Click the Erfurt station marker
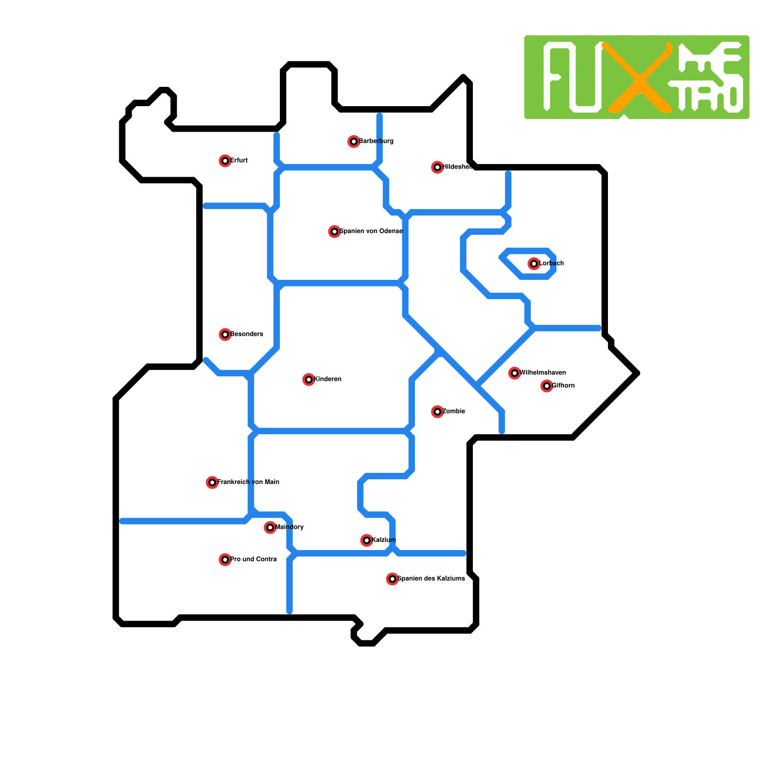pos(225,161)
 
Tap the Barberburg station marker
pos(354,141)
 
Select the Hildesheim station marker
pos(437,167)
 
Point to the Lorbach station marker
pos(534,263)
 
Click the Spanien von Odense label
pos(371,231)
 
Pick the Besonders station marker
pos(225,334)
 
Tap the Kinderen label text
pos(328,379)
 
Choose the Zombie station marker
pos(437,412)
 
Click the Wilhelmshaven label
pos(543,372)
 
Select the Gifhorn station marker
pos(547,386)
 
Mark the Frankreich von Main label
pos(248,482)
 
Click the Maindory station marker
pos(270,527)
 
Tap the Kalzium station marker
pos(367,540)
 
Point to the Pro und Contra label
pos(253,559)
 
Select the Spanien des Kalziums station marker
pos(392,579)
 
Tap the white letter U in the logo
pos(585,80)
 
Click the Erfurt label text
pos(239,160)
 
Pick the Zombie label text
pos(454,411)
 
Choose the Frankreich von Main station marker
pos(212,482)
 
